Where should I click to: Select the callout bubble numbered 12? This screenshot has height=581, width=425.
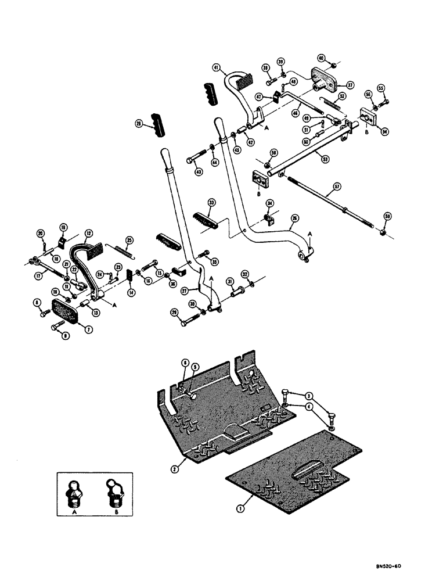pyautogui.click(x=88, y=233)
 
